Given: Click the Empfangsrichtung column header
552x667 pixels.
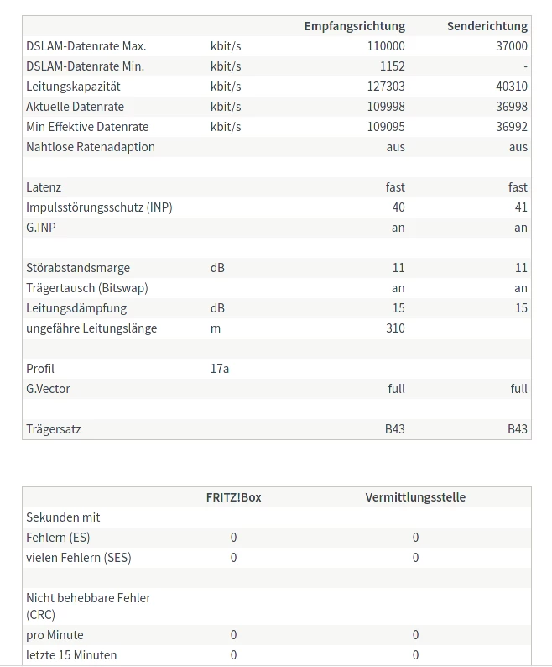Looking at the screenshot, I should pyautogui.click(x=354, y=26).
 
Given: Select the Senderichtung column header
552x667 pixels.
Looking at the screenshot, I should pyautogui.click(x=487, y=26).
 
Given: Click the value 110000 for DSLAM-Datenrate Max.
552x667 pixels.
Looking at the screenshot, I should pyautogui.click(x=386, y=46).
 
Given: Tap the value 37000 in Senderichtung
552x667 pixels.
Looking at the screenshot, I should pyautogui.click(x=512, y=46).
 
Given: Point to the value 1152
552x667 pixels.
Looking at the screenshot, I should pyautogui.click(x=392, y=66).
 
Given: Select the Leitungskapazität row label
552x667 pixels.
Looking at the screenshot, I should pyautogui.click(x=73, y=87).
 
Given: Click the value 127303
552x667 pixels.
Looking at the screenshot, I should pyautogui.click(x=386, y=87).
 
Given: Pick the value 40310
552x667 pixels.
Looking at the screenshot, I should pyautogui.click(x=512, y=87).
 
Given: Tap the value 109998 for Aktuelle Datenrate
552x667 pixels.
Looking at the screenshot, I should pyautogui.click(x=386, y=107).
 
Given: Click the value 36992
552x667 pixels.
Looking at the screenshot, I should pyautogui.click(x=512, y=127).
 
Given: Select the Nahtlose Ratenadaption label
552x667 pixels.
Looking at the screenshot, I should pyautogui.click(x=91, y=147).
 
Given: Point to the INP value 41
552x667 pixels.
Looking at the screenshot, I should pyautogui.click(x=520, y=207).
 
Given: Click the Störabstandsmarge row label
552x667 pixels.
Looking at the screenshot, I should pyautogui.click(x=78, y=268).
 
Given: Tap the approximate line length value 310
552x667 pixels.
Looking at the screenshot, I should pyautogui.click(x=395, y=328).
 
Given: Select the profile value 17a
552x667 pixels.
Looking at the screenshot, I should pyautogui.click(x=220, y=369).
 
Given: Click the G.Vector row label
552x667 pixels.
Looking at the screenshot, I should pyautogui.click(x=48, y=389).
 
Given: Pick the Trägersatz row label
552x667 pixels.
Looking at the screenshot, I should pyautogui.click(x=54, y=429).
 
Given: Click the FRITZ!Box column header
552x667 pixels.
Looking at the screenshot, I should pyautogui.click(x=233, y=497).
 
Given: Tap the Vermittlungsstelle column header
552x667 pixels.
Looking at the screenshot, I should pyautogui.click(x=415, y=497).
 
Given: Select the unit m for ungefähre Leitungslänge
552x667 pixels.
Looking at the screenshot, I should pyautogui.click(x=216, y=328).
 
